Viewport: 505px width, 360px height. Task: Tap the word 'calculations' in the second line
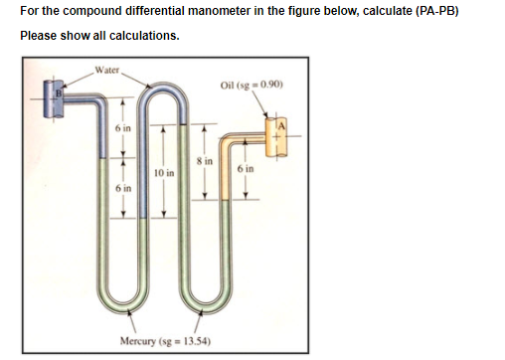point(144,35)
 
